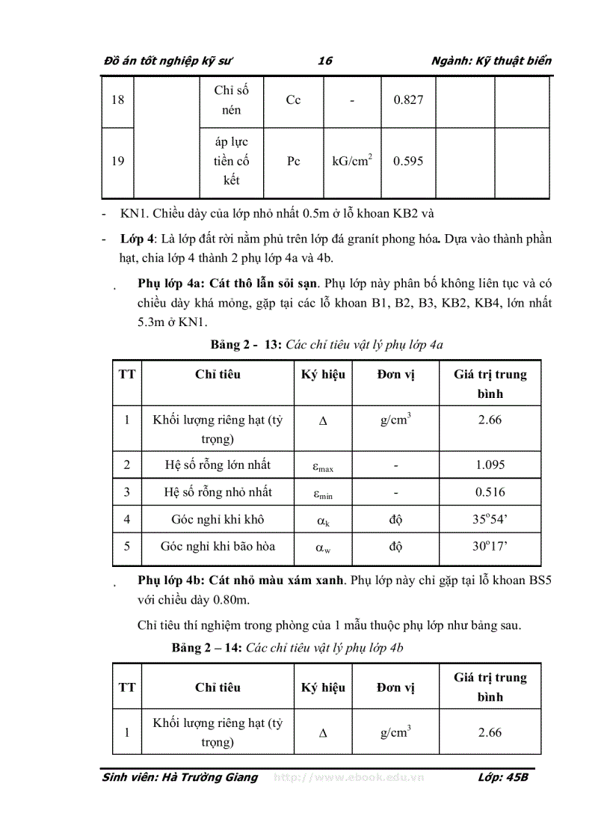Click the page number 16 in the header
click(x=324, y=61)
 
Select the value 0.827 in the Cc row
click(x=408, y=99)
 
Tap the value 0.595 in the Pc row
click(x=408, y=161)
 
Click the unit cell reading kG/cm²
click(x=352, y=160)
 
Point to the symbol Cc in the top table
click(x=293, y=99)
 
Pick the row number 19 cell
click(x=117, y=161)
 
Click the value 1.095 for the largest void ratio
click(x=490, y=465)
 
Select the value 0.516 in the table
click(x=490, y=491)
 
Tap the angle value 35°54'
click(x=490, y=518)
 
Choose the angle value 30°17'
click(x=490, y=546)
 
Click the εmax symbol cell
click(x=323, y=467)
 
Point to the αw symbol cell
click(x=323, y=548)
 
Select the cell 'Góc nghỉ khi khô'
click(x=218, y=518)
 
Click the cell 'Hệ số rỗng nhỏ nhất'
click(x=218, y=491)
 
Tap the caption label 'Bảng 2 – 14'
click(x=206, y=648)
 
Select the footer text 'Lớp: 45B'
click(x=502, y=777)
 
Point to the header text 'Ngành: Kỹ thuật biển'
click(x=492, y=61)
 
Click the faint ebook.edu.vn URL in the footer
click(x=349, y=777)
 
